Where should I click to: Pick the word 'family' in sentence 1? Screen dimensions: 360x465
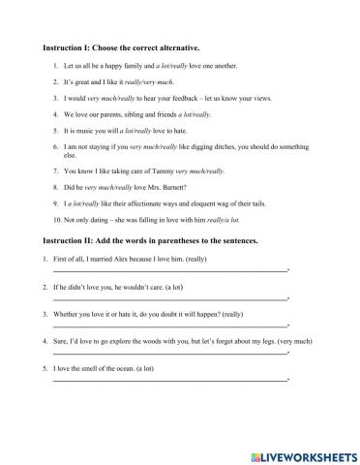point(144,67)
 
